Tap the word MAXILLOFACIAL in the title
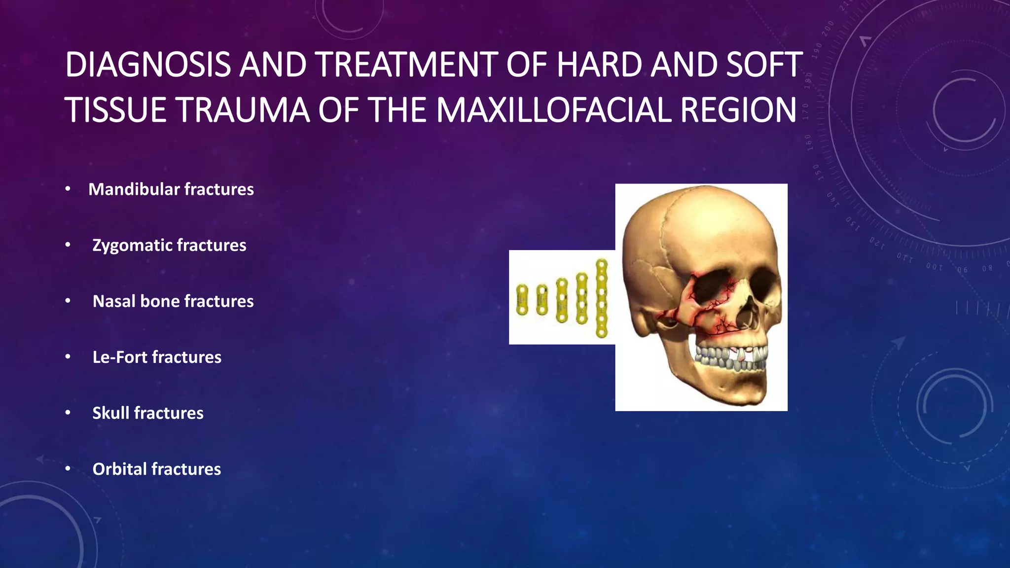[554, 110]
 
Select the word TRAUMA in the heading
[243, 110]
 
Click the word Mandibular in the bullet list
[134, 189]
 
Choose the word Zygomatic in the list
[132, 246]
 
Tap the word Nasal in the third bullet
[114, 301]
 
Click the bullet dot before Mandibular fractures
[68, 189]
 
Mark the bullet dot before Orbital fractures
[68, 469]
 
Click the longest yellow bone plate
[602, 298]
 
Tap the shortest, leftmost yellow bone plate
[522, 300]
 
